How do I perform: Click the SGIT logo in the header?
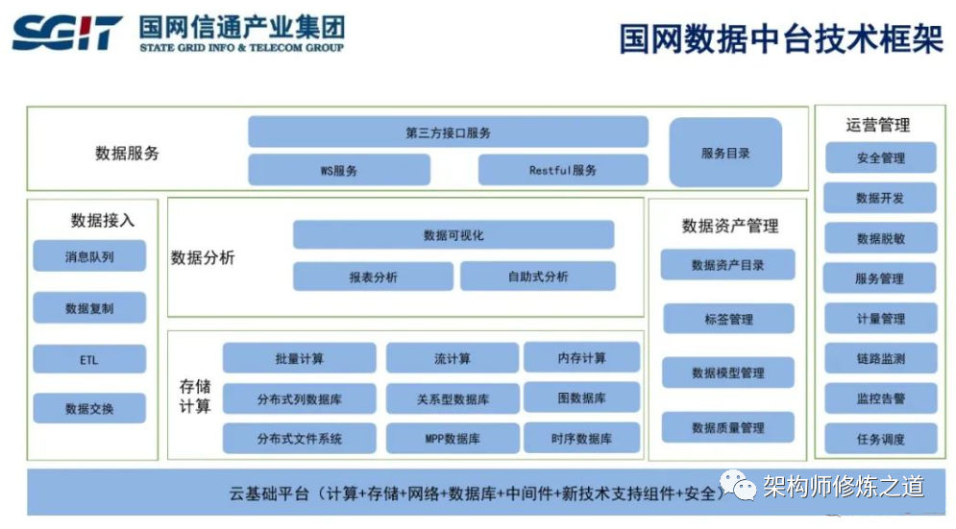coord(67,34)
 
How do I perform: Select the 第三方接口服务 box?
coord(448,132)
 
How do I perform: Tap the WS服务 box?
coord(338,170)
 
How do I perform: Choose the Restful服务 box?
coord(563,170)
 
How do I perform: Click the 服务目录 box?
coord(725,153)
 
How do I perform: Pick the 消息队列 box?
coord(89,256)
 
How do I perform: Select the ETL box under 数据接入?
coord(89,360)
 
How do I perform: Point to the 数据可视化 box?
coord(453,235)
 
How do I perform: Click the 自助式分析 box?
coord(538,277)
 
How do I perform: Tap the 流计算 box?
coord(452,358)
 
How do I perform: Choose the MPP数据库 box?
coord(452,439)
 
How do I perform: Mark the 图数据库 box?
coord(581,397)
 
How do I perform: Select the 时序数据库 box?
coord(581,438)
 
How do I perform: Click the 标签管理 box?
coord(728,319)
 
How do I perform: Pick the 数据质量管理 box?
coord(728,427)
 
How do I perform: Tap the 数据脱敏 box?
coord(880,238)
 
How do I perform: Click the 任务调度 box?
coord(880,439)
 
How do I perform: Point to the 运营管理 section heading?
coord(878,125)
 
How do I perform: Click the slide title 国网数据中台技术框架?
coord(780,39)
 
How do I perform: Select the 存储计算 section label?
coord(195,397)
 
